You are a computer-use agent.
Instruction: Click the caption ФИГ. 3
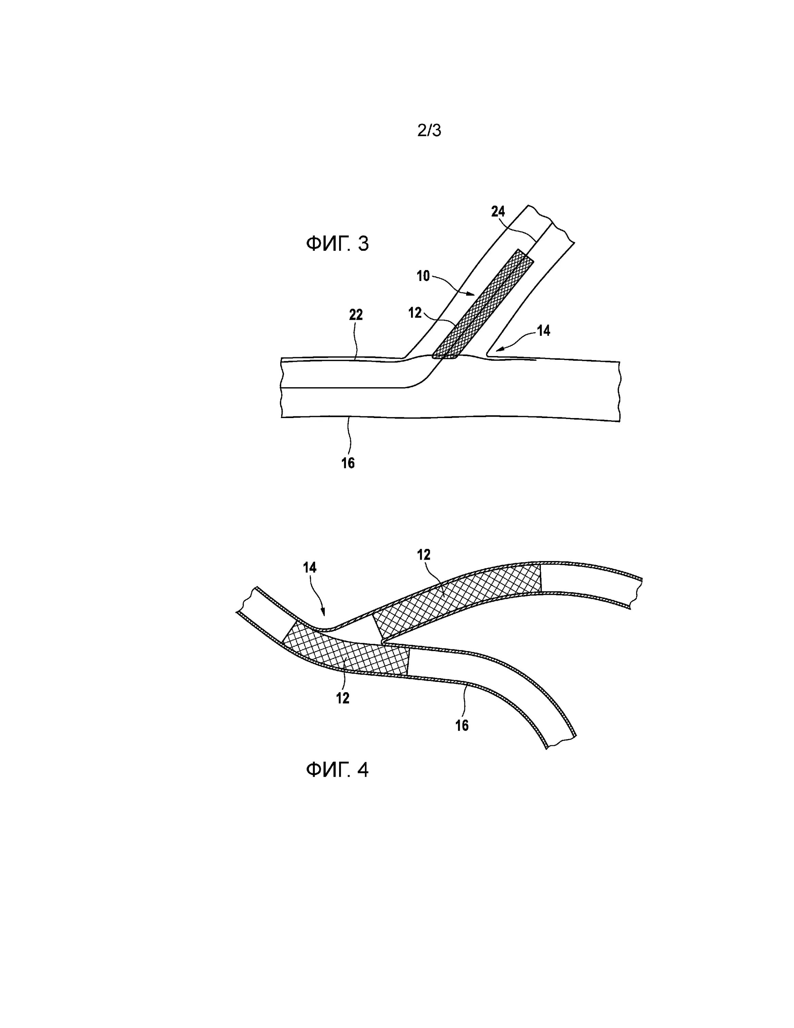tap(337, 244)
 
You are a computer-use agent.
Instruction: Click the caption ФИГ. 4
tap(337, 770)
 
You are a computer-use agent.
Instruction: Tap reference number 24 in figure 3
tap(498, 212)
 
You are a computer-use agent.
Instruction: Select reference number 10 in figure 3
tap(423, 276)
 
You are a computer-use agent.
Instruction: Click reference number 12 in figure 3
tap(415, 313)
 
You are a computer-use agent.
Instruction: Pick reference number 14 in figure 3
tap(543, 331)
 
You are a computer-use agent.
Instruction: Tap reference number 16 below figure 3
tap(348, 463)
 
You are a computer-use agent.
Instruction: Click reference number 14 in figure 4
tap(310, 568)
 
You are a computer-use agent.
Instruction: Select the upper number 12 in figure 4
tap(424, 555)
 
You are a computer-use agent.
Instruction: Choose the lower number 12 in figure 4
tap(343, 698)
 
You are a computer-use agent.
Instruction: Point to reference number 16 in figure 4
tap(462, 725)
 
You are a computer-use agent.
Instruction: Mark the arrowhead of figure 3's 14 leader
tap(500, 349)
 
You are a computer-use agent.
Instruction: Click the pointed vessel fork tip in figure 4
tap(383, 642)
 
